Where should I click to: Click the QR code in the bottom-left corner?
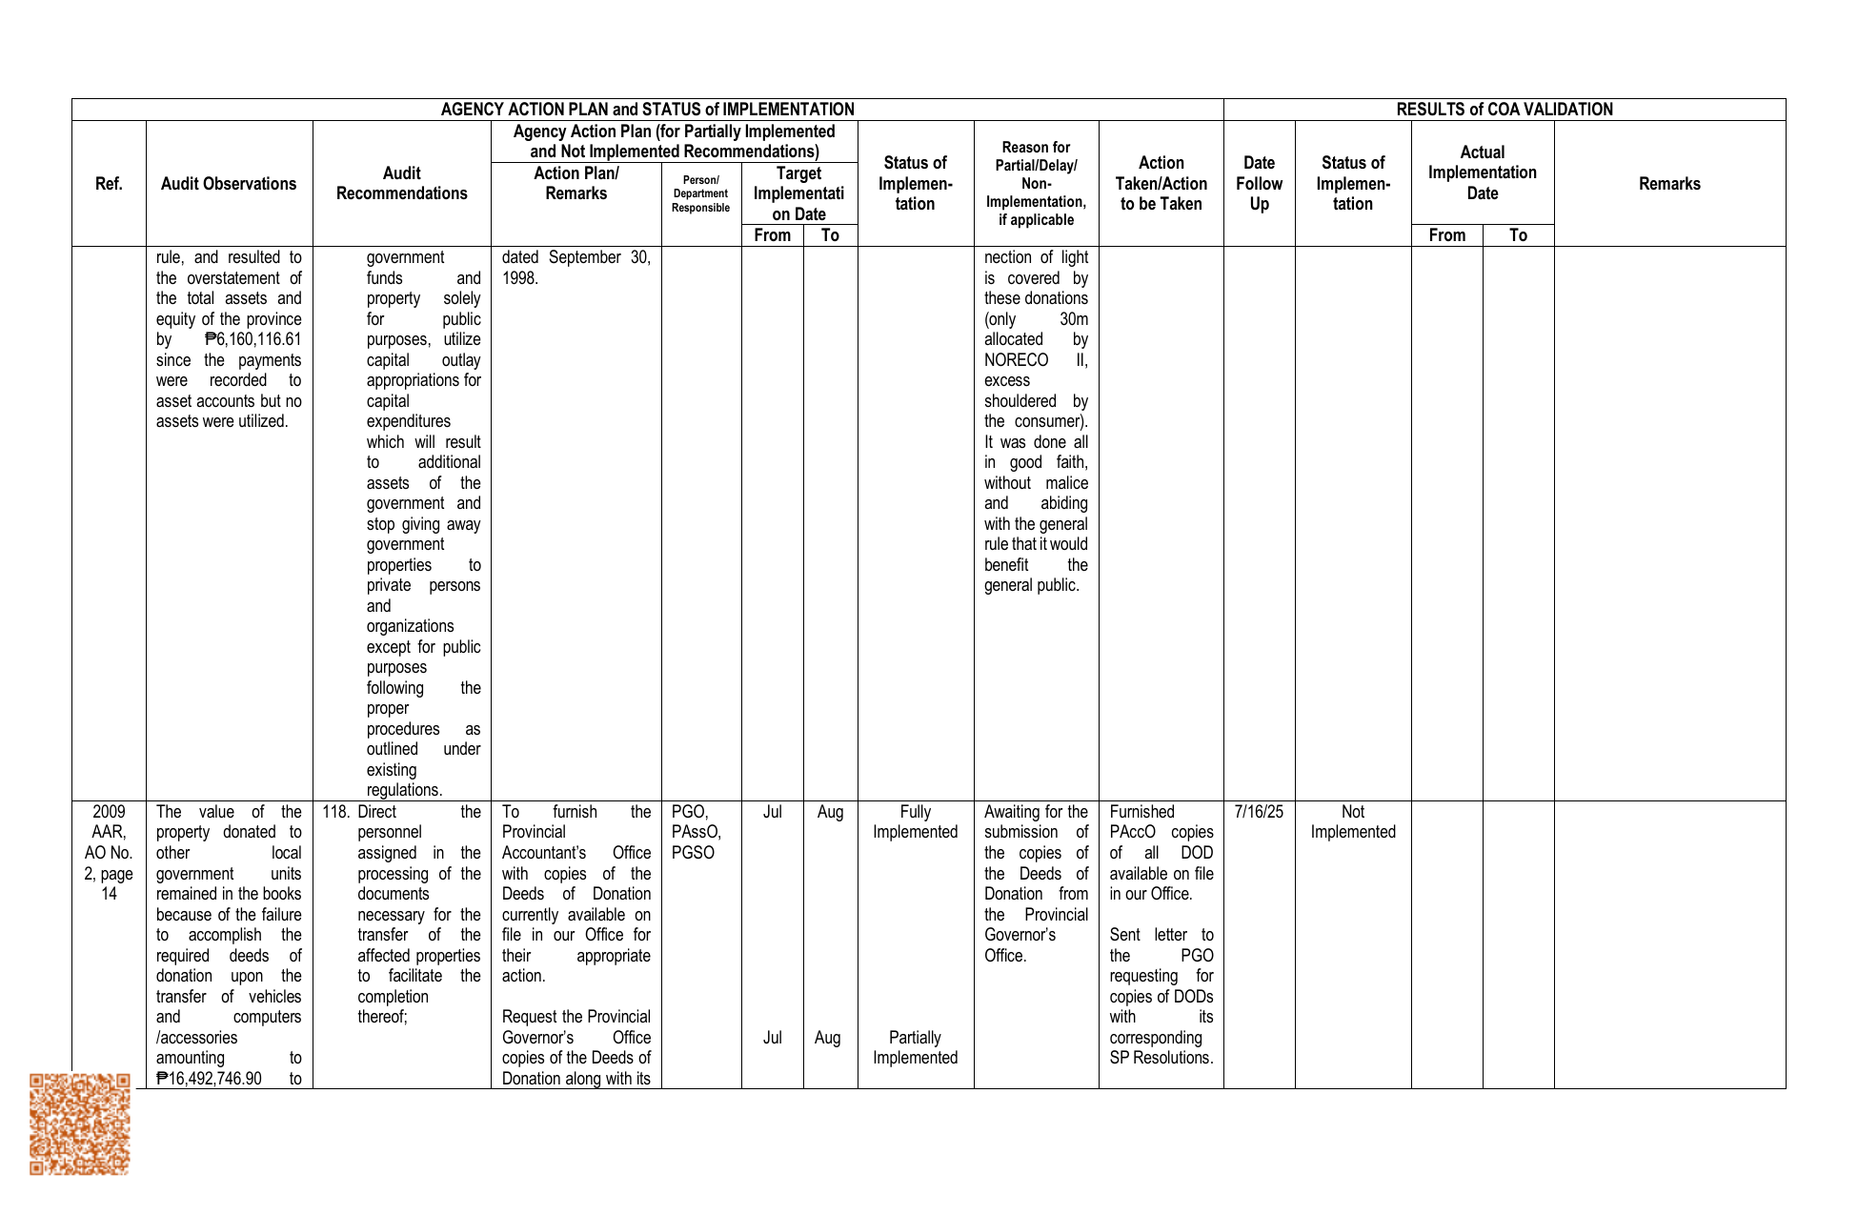click(x=79, y=1124)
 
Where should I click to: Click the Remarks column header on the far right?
click(x=1668, y=184)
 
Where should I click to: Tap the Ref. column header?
click(x=109, y=184)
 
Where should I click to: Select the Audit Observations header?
click(x=229, y=184)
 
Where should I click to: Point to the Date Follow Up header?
click(x=1259, y=184)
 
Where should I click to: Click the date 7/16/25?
click(x=1259, y=812)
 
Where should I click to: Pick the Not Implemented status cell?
click(x=1352, y=821)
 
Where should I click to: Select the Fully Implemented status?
click(x=915, y=821)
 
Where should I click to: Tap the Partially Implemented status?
click(x=915, y=1047)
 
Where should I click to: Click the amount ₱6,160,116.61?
click(x=252, y=339)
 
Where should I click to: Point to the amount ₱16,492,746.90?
click(x=209, y=1079)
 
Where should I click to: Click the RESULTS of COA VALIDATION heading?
click(x=1504, y=110)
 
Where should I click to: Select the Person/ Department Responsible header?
click(x=700, y=193)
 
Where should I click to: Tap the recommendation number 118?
click(x=335, y=812)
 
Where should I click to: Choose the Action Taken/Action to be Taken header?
click(x=1161, y=184)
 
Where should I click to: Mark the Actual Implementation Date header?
click(x=1482, y=172)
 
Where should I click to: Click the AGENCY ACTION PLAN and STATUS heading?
click(x=647, y=110)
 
